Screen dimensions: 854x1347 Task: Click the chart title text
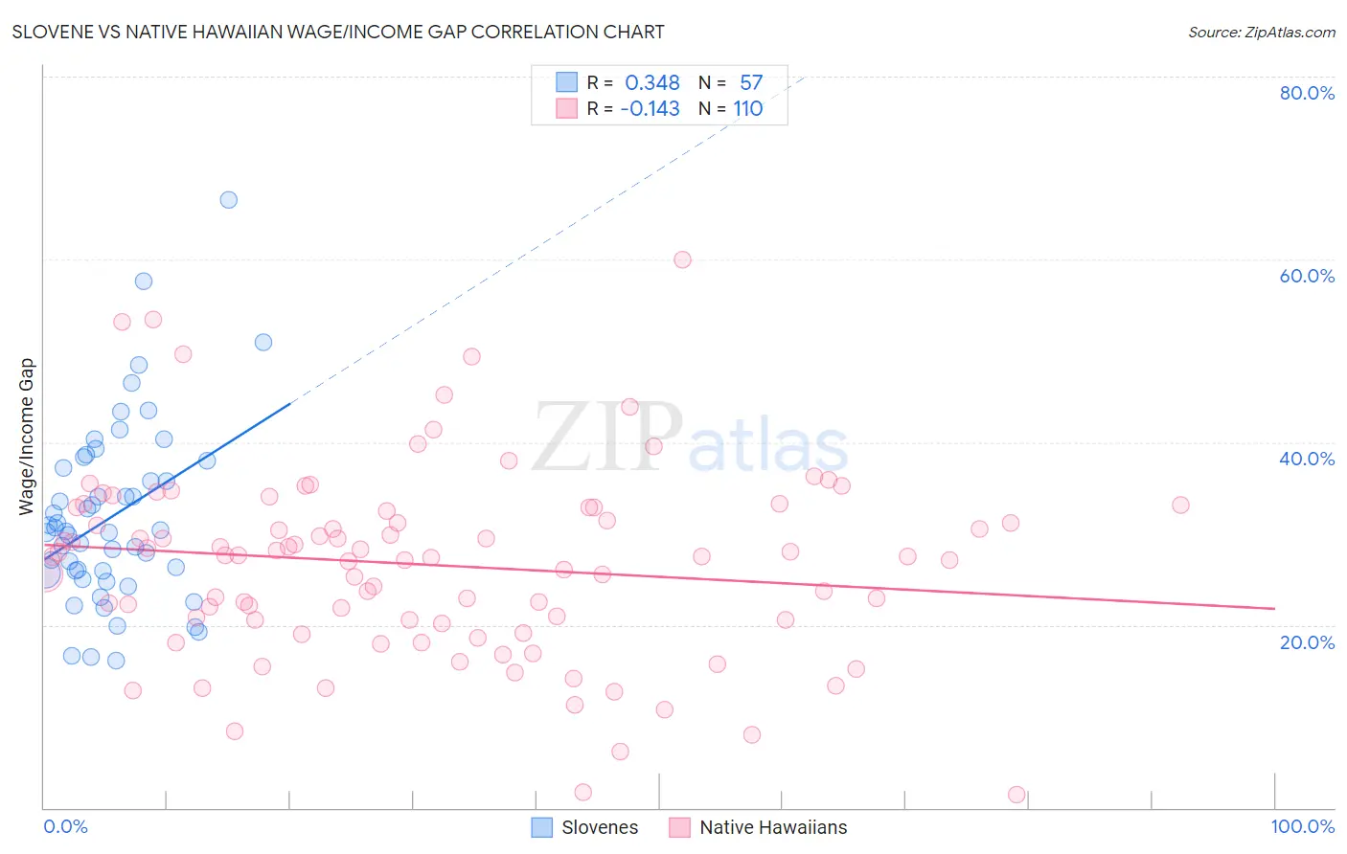point(338,32)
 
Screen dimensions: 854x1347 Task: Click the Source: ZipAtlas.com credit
point(1261,32)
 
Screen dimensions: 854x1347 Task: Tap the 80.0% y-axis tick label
point(1307,93)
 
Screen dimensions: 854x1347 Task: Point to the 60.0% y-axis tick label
point(1307,276)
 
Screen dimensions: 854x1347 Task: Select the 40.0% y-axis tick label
point(1307,459)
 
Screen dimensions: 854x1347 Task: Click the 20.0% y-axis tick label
point(1307,642)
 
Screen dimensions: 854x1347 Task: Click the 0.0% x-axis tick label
point(65,826)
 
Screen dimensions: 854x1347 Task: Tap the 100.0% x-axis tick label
point(1302,826)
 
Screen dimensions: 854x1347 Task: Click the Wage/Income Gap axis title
point(27,437)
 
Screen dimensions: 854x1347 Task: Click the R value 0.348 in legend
point(652,83)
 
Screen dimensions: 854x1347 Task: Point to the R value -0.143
point(651,109)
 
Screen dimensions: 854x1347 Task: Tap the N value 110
point(748,109)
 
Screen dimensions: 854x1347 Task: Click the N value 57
point(751,83)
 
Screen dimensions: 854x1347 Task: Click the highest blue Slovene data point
point(228,200)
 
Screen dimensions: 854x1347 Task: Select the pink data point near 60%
point(682,259)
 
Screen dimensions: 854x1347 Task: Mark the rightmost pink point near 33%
point(1180,505)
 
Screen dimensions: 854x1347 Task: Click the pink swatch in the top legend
point(567,109)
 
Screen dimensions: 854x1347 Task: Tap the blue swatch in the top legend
point(567,83)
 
